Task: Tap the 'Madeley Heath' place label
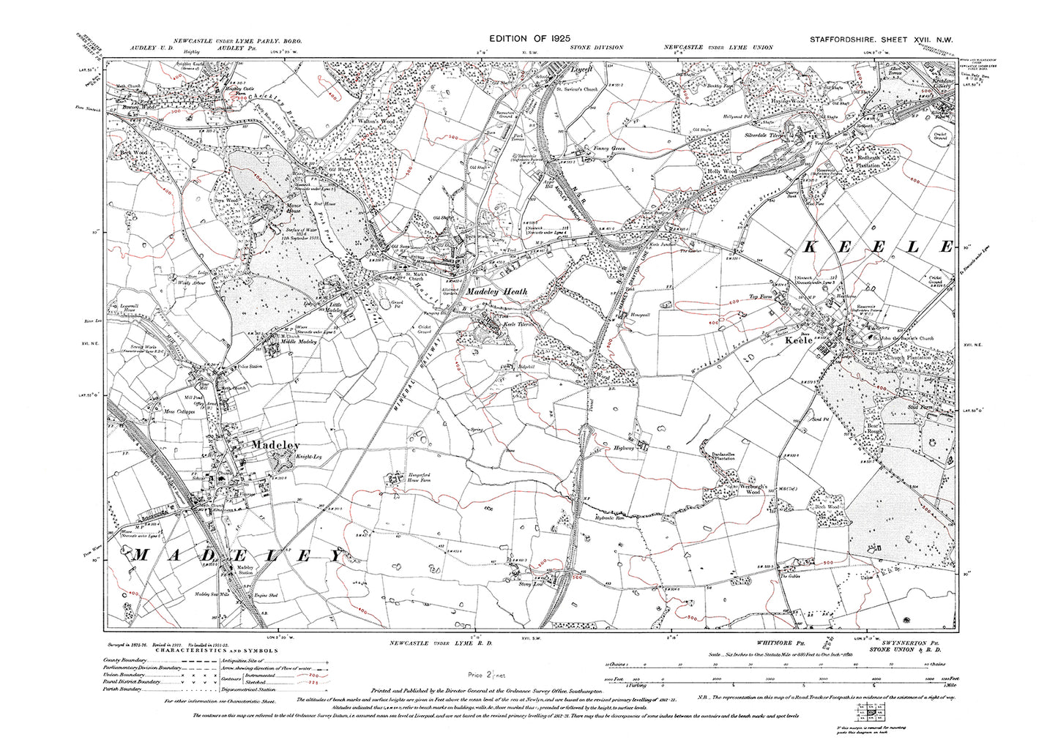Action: coord(497,291)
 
